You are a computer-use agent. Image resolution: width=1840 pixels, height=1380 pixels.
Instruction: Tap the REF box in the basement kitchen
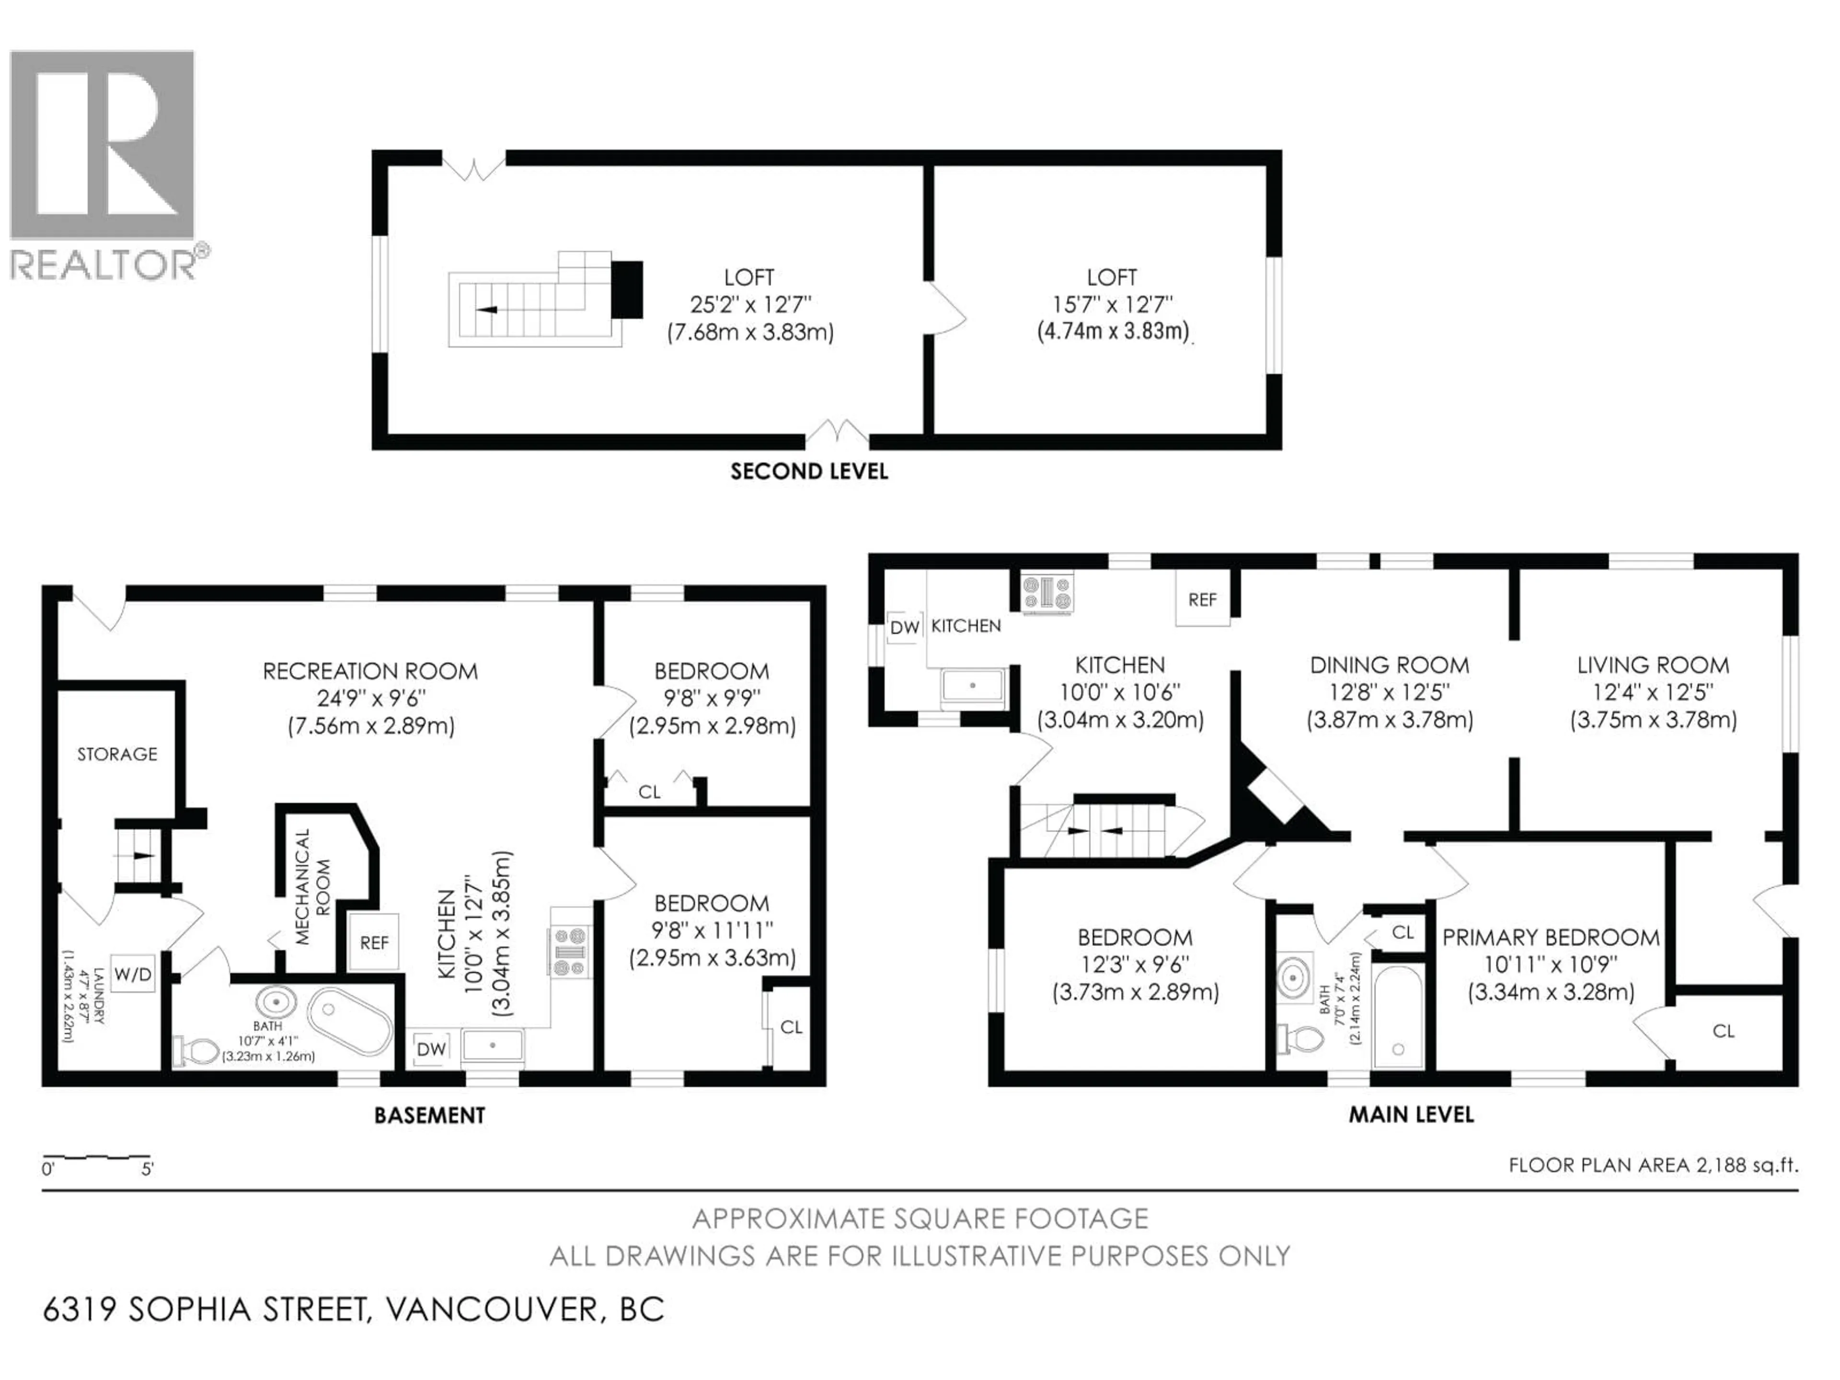(x=374, y=943)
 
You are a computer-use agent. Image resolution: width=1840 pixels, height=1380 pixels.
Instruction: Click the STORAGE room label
(x=117, y=754)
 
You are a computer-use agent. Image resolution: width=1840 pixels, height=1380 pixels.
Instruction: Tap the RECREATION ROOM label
(x=370, y=671)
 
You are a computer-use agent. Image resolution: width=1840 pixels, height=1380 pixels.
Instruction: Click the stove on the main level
(x=1047, y=592)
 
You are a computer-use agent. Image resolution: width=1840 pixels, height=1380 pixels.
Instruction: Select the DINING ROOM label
(x=1389, y=666)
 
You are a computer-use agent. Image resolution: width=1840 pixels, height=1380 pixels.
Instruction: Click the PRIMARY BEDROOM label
(x=1551, y=937)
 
